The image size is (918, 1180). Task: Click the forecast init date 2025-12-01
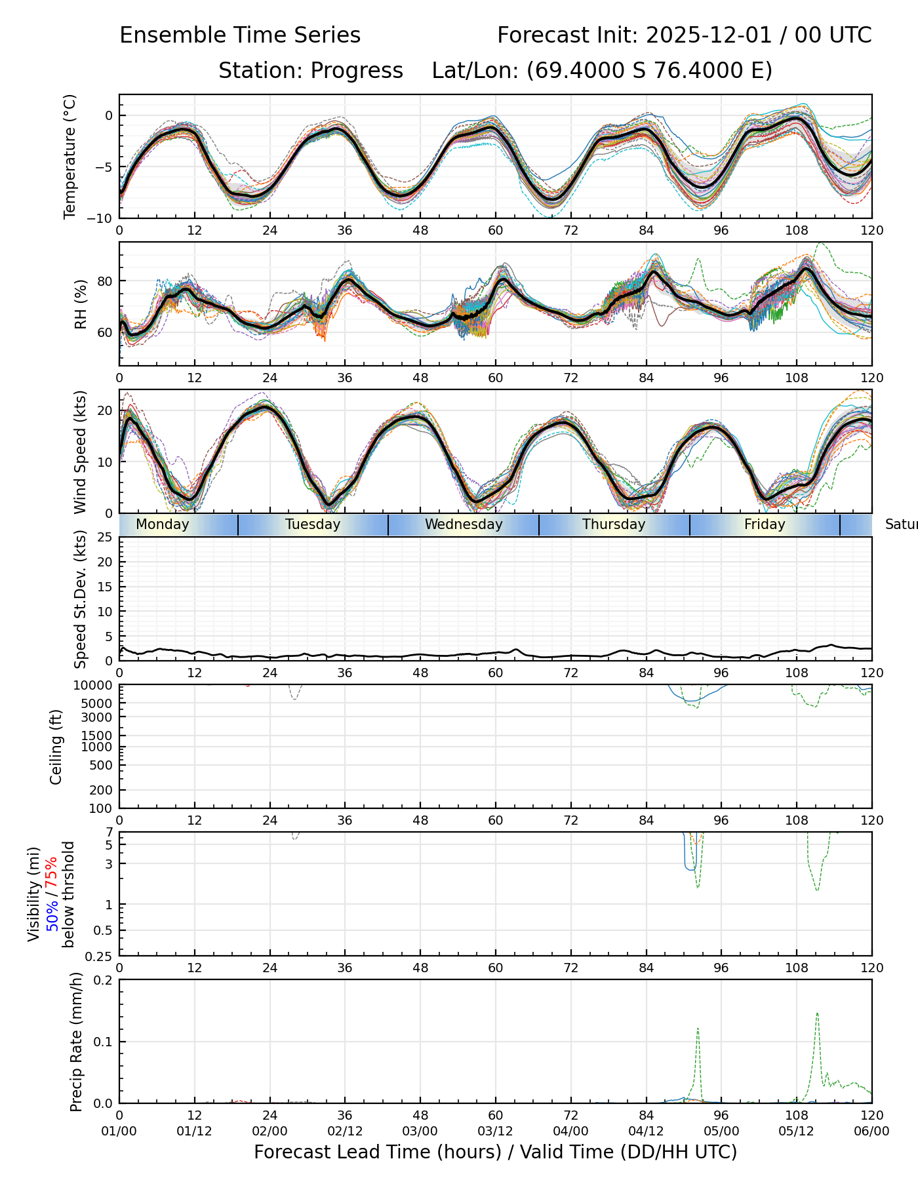click(710, 35)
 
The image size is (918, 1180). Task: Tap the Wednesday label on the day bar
click(464, 524)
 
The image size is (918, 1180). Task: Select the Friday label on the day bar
click(765, 524)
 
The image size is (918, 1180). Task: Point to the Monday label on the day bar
click(163, 524)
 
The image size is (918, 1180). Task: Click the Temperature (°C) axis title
click(70, 156)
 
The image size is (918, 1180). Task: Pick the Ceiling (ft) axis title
click(56, 747)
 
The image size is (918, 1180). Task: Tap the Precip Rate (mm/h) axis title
click(77, 1042)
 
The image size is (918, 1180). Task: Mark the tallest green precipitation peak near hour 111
click(817, 1013)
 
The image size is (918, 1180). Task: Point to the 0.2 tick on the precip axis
click(104, 980)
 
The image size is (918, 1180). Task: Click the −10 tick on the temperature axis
click(102, 218)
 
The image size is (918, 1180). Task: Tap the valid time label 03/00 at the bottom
click(420, 1131)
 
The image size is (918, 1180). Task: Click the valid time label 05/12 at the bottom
click(797, 1131)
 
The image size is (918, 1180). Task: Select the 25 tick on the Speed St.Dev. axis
click(105, 538)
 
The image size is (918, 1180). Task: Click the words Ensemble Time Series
click(240, 35)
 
